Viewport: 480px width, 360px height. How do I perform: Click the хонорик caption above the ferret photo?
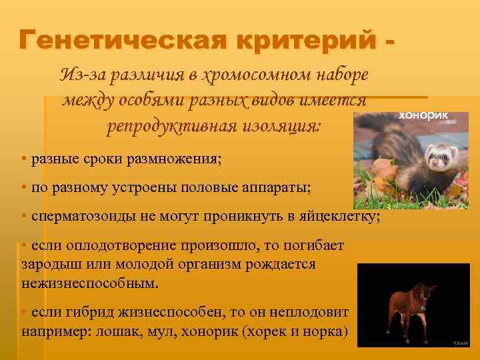423,115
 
